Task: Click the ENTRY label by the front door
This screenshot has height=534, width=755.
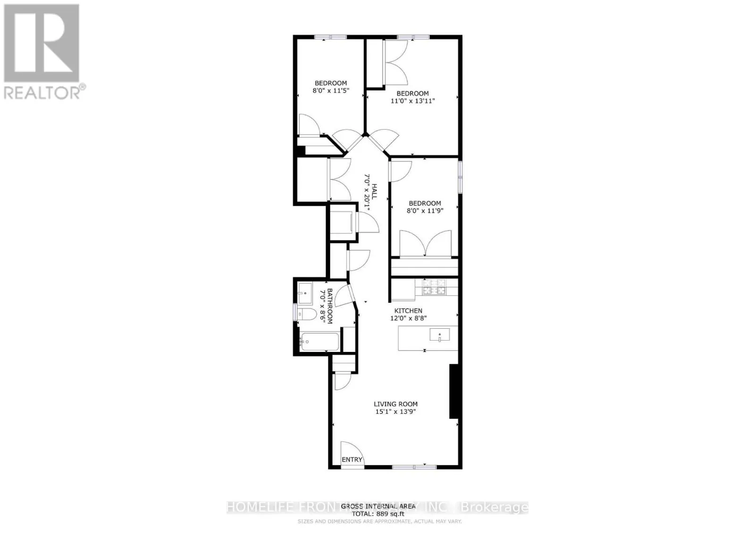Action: [352, 459]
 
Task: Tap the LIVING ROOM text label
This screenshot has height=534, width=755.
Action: [395, 404]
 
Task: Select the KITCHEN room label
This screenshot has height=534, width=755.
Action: [408, 310]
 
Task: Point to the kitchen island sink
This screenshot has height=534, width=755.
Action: [439, 335]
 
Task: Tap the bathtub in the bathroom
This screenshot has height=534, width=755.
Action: [320, 342]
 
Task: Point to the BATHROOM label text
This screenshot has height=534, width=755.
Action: [329, 306]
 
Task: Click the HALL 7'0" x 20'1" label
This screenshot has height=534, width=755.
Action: [370, 193]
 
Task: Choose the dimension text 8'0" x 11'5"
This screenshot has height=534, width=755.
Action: [331, 91]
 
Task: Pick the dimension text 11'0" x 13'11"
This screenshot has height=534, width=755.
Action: [412, 101]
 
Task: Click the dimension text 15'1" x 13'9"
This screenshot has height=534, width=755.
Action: [395, 412]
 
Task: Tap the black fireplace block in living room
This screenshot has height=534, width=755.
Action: [454, 391]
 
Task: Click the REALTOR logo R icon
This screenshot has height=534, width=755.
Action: [42, 43]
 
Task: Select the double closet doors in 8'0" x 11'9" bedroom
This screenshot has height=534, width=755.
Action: [426, 243]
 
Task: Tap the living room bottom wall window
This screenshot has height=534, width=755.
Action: [414, 467]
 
